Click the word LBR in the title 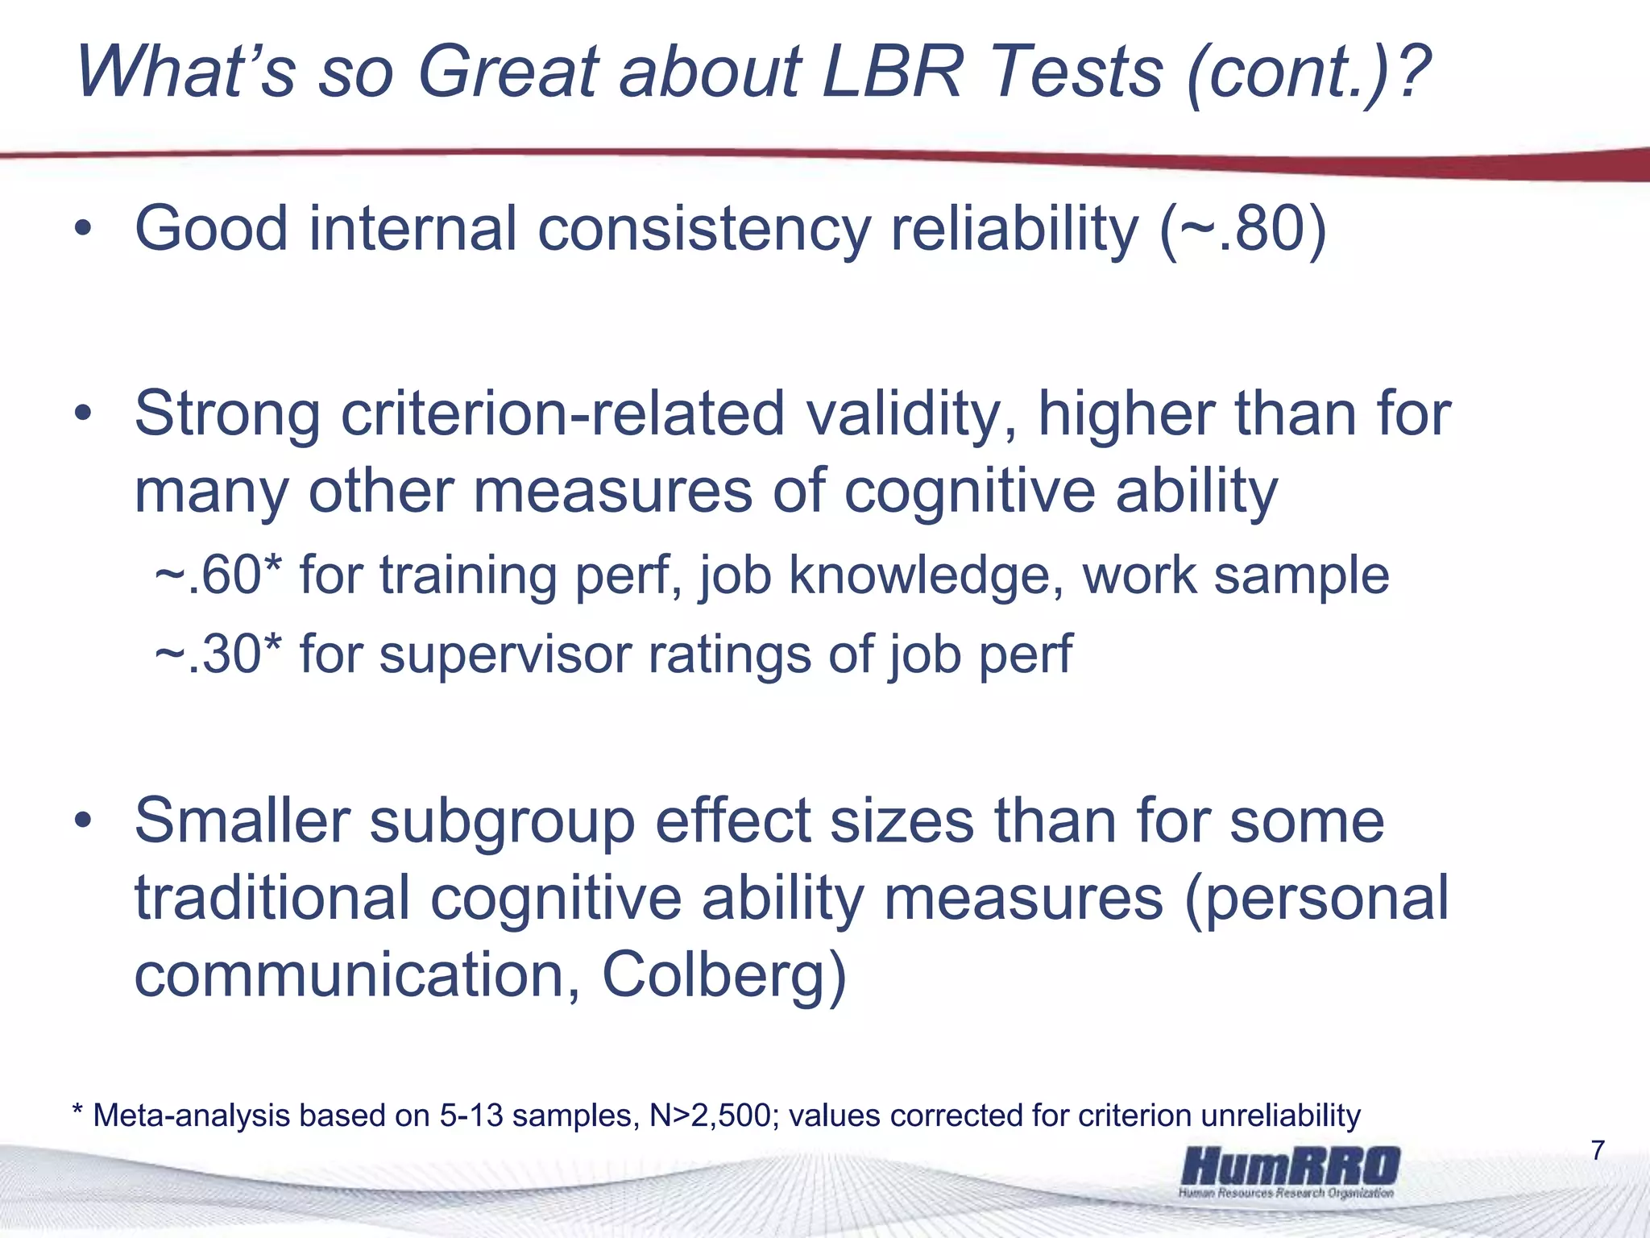point(892,73)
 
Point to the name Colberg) point(724,977)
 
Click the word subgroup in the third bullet point(502,821)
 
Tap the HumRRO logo point(1290,1170)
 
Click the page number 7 point(1598,1150)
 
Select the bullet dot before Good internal point(84,231)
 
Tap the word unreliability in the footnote point(1281,1116)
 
